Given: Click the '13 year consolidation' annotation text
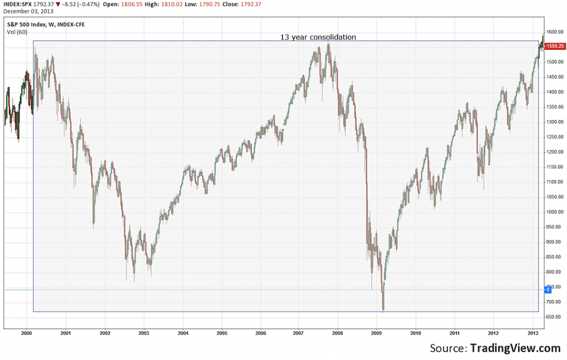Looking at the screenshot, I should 317,37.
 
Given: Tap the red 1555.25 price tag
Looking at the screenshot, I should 554,46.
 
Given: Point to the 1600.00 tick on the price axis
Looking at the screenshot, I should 554,32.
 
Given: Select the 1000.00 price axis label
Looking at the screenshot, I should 554,212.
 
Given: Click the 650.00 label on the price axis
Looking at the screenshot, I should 554,317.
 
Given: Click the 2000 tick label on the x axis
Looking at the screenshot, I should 26,333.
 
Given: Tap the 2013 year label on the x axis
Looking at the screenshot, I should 533,333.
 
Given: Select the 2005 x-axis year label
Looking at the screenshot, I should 221,333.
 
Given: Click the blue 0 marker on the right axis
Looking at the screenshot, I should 548,290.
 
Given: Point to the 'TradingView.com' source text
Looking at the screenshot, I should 516,348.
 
